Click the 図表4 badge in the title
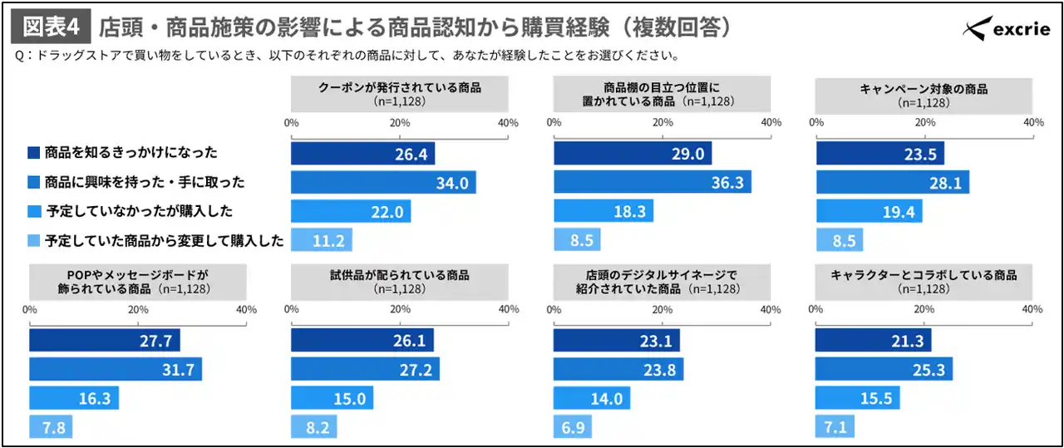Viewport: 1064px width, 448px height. (x=51, y=27)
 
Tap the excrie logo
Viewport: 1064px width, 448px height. (x=1007, y=30)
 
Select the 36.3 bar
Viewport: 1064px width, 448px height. (x=652, y=182)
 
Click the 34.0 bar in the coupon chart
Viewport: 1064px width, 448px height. (x=383, y=182)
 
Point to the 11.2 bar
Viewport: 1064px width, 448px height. (x=322, y=240)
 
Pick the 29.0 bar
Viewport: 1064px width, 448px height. (x=633, y=153)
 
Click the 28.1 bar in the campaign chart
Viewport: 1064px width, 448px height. (x=892, y=182)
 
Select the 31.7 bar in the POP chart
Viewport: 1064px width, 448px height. (x=116, y=369)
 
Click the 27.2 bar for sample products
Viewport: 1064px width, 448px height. (x=365, y=369)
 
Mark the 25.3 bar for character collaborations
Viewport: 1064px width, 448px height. (x=884, y=369)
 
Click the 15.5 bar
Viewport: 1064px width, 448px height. (x=857, y=398)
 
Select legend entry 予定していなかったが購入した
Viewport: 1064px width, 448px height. (x=137, y=211)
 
